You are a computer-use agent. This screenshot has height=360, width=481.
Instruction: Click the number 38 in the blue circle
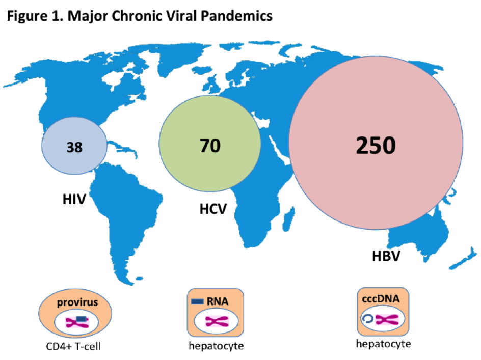(74, 147)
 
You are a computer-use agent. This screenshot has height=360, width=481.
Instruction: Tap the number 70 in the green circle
(209, 145)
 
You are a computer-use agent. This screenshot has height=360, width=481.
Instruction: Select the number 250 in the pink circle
(376, 146)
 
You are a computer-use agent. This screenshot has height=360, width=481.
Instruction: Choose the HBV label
(386, 254)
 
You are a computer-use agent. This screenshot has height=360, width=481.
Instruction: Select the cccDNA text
(382, 299)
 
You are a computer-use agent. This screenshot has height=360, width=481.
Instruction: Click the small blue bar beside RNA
(198, 301)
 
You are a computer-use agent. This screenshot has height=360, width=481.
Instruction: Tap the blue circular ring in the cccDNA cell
(367, 319)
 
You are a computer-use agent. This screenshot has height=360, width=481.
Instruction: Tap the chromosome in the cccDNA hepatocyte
(387, 320)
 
